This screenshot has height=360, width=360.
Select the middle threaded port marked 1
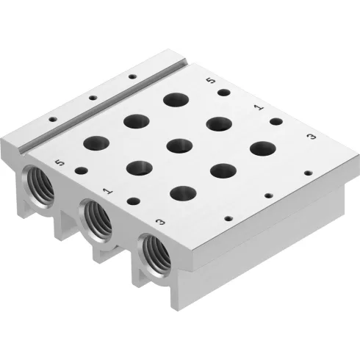97,217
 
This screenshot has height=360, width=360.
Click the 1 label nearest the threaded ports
107,191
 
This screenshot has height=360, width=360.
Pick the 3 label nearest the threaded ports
160,220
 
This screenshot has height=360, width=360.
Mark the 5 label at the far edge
212,82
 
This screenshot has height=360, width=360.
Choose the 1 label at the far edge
258,107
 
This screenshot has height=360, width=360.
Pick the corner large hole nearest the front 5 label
96,143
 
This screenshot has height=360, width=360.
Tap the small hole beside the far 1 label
276,120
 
